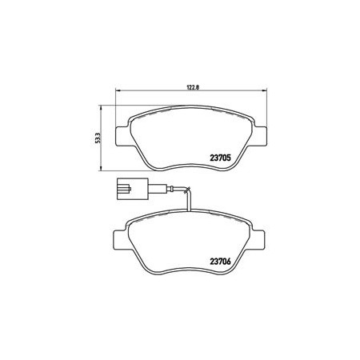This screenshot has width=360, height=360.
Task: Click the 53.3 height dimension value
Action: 98,138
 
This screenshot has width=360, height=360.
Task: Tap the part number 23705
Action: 220,158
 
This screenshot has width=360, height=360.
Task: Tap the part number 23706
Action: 220,262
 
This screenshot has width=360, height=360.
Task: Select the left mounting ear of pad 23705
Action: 123,136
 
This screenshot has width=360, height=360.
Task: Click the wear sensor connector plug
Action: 132,189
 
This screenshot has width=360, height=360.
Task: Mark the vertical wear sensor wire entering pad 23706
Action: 189,202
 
